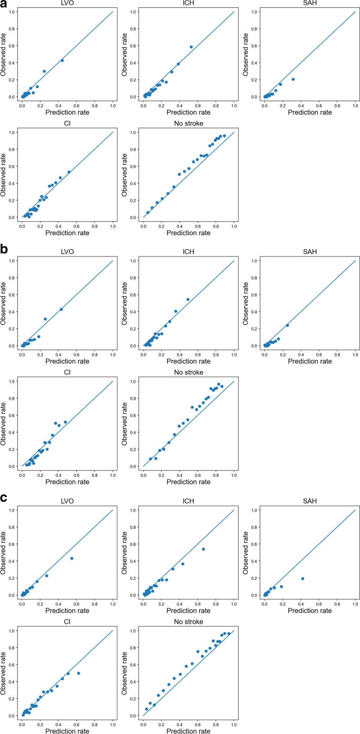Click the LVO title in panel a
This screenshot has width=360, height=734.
click(x=67, y=5)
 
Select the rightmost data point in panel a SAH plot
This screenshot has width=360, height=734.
click(x=293, y=79)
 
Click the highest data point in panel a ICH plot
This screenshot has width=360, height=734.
click(x=191, y=47)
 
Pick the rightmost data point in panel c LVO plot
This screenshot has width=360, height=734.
click(x=71, y=558)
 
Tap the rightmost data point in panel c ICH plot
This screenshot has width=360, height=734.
click(x=203, y=549)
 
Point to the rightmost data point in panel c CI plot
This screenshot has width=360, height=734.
click(x=78, y=673)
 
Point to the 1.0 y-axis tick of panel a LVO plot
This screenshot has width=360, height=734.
click(x=12, y=12)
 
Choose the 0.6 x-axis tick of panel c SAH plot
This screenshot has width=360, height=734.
click(x=319, y=603)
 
